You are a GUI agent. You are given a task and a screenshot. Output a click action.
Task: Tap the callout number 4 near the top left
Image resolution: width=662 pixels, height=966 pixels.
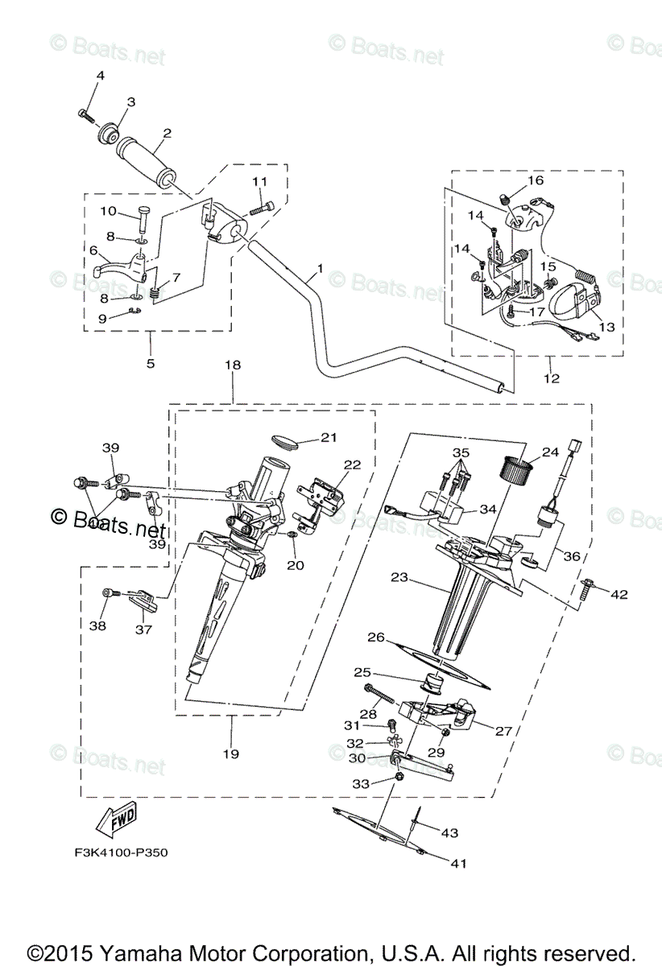(x=101, y=76)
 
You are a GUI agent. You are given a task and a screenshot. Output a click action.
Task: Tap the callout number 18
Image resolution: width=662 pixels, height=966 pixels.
(x=232, y=365)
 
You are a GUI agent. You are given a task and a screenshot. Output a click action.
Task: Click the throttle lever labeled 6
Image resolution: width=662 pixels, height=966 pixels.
(x=113, y=268)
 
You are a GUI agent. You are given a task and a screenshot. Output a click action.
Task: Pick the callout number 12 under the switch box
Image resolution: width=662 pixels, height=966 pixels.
(x=552, y=378)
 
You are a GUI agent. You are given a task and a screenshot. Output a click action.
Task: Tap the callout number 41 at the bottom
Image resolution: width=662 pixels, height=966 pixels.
(x=457, y=864)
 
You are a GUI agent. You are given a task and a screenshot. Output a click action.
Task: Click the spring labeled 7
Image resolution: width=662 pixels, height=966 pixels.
(x=158, y=283)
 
